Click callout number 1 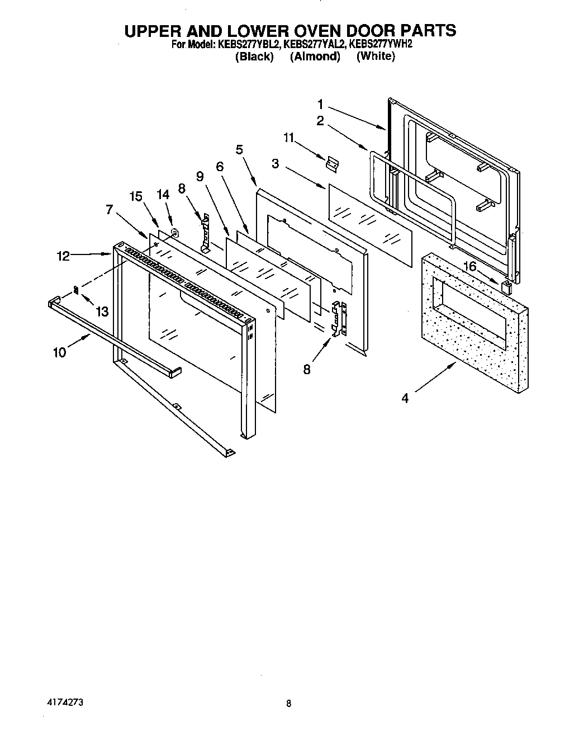coord(321,104)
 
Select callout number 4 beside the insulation coord(405,398)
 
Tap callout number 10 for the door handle coord(60,352)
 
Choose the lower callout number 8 coord(307,369)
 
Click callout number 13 coord(102,312)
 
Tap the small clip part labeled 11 coord(332,163)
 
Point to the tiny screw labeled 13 coord(77,289)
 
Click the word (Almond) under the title coord(315,56)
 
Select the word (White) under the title coord(376,56)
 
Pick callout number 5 coord(240,149)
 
